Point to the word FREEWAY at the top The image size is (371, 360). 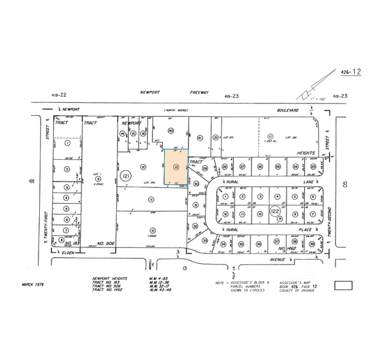198,92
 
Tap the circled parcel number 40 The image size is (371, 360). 171,131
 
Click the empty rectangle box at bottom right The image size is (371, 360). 345,285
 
